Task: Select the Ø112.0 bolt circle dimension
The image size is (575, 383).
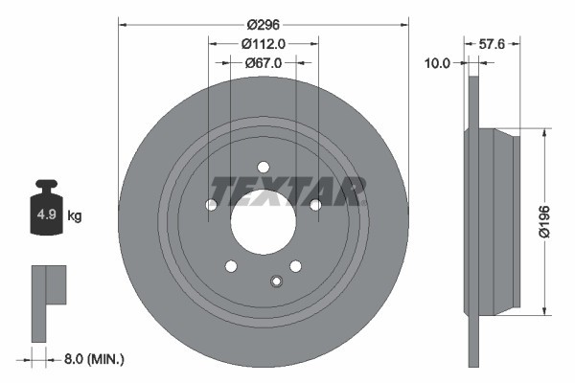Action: click(x=264, y=43)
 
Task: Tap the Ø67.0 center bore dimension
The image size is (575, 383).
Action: click(x=264, y=63)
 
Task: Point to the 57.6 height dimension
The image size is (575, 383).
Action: click(x=491, y=43)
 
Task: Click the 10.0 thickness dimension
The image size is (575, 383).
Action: click(x=437, y=63)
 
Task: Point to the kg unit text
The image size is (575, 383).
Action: click(x=75, y=215)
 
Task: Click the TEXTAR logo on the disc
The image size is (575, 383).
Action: click(x=287, y=191)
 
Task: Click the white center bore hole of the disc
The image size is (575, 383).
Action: click(x=264, y=223)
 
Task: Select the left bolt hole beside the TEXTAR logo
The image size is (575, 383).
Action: click(x=212, y=204)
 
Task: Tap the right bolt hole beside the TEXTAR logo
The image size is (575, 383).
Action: click(x=315, y=204)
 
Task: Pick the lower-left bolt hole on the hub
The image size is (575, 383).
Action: click(x=231, y=265)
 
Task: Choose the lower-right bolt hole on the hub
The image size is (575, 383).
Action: click(x=295, y=265)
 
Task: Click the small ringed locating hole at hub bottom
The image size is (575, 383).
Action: click(x=276, y=281)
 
